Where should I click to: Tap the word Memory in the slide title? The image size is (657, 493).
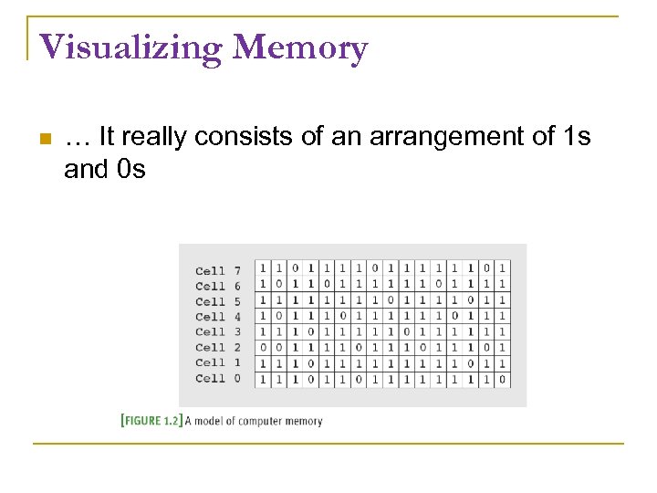click(300, 47)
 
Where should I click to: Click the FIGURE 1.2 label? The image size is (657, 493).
click(151, 421)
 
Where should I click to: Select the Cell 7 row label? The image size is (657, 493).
click(218, 270)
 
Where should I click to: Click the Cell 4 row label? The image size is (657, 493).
click(218, 316)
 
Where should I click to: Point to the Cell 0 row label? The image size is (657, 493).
click(218, 378)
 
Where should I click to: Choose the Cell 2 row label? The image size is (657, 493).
click(218, 347)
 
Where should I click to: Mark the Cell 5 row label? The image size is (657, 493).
click(218, 301)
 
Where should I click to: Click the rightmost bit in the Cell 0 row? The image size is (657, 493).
click(502, 379)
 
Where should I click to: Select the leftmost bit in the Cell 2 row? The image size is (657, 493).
click(263, 348)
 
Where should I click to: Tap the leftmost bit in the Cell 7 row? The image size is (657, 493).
click(263, 268)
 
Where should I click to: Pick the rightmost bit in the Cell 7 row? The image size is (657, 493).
click(502, 268)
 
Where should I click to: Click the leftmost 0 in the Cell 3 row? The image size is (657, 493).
click(295, 331)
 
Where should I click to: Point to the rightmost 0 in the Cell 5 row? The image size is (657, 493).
click(470, 299)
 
